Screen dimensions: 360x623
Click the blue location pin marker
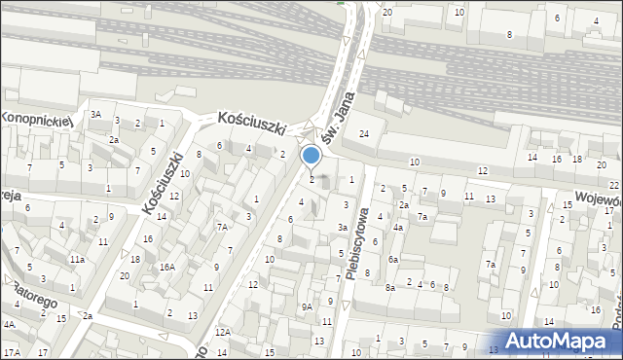tap(311, 156)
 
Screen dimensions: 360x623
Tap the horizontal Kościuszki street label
tap(251, 120)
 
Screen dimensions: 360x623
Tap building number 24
tap(364, 133)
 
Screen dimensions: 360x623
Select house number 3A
tap(95, 114)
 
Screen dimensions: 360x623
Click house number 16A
tap(166, 267)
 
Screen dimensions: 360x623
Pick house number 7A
tap(222, 227)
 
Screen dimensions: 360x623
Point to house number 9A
tap(307, 306)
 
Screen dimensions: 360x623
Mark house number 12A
tap(223, 332)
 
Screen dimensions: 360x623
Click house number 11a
tap(76, 260)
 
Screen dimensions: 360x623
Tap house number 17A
tap(11, 351)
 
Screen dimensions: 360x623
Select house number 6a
tap(393, 260)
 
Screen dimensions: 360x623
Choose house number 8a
tap(389, 287)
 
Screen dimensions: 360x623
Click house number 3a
tap(343, 228)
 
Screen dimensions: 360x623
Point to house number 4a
tap(398, 228)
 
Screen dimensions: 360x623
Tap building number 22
tap(614, 185)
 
